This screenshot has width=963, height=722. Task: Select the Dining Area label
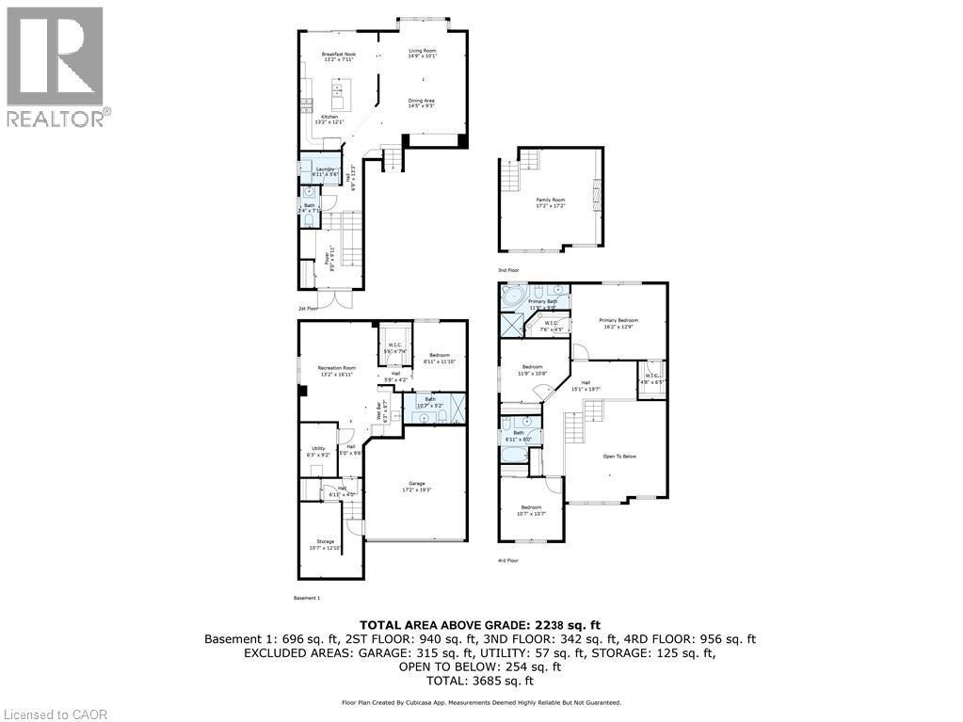[x=421, y=103]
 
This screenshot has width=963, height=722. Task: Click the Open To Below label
[x=619, y=457]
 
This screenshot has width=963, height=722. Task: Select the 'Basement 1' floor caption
[x=307, y=598]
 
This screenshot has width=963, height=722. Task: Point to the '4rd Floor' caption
[x=507, y=560]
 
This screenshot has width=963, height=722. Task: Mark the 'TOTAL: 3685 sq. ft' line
[x=481, y=681]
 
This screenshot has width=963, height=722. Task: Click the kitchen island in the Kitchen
[x=338, y=94]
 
